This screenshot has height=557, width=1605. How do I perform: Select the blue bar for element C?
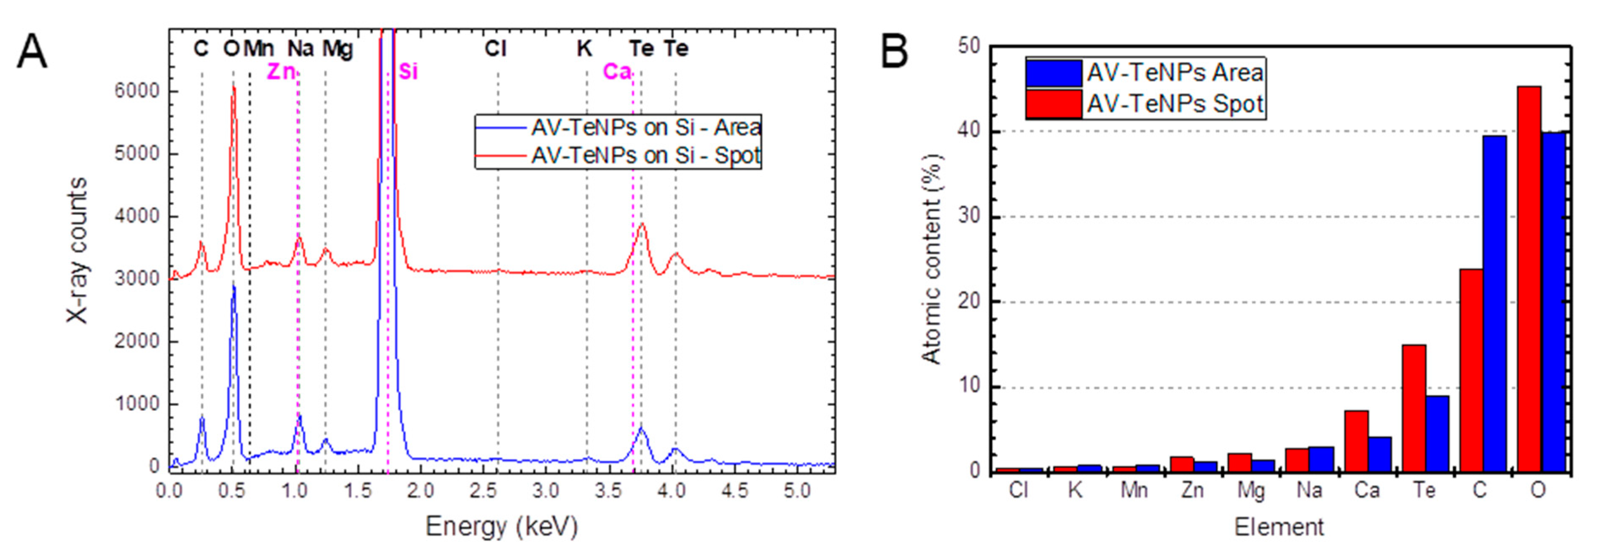[x=1495, y=305]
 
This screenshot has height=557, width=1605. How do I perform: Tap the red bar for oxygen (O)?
[x=1529, y=280]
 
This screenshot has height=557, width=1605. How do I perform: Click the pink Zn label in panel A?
[x=280, y=72]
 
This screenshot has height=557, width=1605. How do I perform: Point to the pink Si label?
[x=408, y=72]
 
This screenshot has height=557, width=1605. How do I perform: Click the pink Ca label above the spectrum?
[x=616, y=72]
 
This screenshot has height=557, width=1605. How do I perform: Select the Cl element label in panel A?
[x=495, y=48]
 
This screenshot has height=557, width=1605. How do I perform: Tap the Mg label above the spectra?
[x=337, y=48]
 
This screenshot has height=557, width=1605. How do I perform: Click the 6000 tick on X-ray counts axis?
[x=137, y=91]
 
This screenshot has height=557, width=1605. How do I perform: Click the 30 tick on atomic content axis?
[x=968, y=217]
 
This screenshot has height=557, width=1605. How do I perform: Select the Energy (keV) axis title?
[x=502, y=527]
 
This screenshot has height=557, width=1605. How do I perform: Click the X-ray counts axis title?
[x=77, y=250]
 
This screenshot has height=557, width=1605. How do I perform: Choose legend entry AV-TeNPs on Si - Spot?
[x=645, y=155]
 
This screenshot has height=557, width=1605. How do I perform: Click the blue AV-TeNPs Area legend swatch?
[x=1054, y=73]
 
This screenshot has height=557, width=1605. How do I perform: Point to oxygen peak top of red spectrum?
[x=234, y=87]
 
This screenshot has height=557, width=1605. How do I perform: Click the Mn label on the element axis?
[x=1133, y=491]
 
